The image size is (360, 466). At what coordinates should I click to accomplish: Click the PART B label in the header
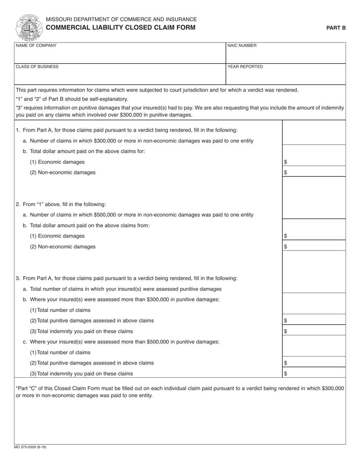click(x=336, y=28)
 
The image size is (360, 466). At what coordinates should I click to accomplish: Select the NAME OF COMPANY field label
click(x=36, y=45)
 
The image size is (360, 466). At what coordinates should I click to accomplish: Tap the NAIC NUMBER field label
click(x=242, y=45)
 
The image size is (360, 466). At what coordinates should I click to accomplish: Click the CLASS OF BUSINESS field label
click(x=37, y=67)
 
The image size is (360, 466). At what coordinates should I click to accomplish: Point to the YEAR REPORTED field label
click(x=245, y=67)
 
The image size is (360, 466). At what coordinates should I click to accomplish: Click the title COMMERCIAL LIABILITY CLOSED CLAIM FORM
click(x=121, y=28)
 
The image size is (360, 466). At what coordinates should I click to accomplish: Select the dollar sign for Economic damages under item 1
click(x=285, y=162)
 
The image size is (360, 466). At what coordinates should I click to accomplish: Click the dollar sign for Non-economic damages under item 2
click(x=285, y=247)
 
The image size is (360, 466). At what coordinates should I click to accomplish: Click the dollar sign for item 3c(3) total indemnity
click(x=285, y=374)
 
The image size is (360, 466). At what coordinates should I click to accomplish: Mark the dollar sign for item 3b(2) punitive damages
click(x=285, y=321)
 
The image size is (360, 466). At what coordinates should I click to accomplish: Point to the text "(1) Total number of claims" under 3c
click(x=60, y=352)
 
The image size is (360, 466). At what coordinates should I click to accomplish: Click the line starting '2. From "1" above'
click(x=61, y=204)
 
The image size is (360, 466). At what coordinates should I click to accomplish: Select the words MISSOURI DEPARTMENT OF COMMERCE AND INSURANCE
click(x=121, y=19)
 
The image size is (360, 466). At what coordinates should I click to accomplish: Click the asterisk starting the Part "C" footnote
click(x=17, y=388)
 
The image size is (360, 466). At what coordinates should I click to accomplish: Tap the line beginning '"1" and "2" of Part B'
click(x=72, y=99)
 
